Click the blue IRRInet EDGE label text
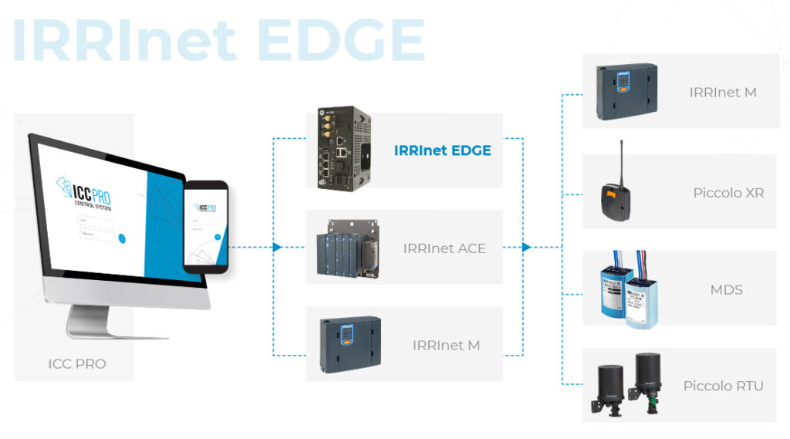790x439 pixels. coord(442,150)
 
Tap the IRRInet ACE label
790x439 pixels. coord(444,248)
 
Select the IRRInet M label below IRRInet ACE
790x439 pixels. coord(446,346)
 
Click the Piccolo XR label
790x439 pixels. coord(728,193)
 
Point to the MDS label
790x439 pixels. coord(726,290)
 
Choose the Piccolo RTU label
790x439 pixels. coord(723,386)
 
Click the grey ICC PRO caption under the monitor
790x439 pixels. coord(77,363)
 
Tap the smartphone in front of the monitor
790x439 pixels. coord(205,227)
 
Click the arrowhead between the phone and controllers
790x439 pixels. coord(277,248)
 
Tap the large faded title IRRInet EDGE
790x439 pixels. coord(218,39)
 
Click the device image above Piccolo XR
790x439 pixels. coord(627,92)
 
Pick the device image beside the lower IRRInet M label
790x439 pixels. coord(350,343)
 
